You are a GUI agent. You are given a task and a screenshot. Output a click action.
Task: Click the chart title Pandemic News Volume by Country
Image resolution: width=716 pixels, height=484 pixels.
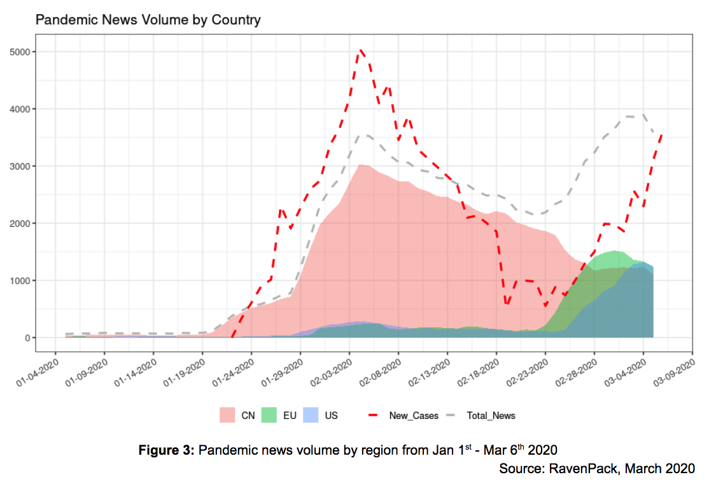pos(148,20)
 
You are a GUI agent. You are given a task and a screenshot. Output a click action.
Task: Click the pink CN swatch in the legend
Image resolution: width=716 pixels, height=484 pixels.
pos(227,415)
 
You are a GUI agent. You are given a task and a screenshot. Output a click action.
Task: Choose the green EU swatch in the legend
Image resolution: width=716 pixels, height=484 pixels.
pos(269,415)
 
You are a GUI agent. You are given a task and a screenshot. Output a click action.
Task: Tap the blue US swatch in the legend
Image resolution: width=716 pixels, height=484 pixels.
pos(311,415)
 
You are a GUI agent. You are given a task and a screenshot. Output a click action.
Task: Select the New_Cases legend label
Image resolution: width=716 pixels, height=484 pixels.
pos(414,416)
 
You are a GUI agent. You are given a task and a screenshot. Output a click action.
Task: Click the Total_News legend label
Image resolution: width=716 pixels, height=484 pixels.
pos(491,416)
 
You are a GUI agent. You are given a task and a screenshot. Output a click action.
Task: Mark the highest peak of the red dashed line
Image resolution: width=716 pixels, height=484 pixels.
pos(361,50)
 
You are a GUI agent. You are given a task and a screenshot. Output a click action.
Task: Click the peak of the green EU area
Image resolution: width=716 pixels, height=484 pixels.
pos(614,251)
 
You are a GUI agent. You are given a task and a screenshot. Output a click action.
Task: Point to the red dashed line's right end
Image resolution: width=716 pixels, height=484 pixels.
pos(663,134)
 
